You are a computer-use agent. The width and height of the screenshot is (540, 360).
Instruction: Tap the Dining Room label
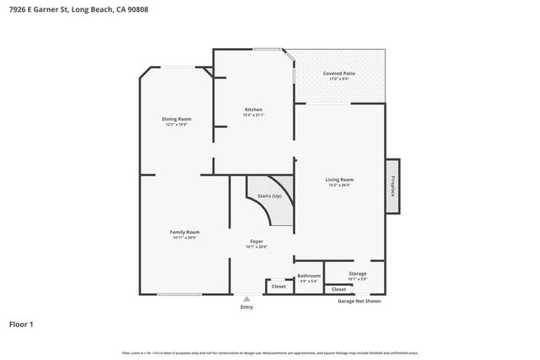(x=176, y=119)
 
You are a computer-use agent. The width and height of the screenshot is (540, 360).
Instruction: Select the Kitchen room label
(x=253, y=110)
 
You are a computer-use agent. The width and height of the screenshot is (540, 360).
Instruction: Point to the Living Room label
(x=339, y=180)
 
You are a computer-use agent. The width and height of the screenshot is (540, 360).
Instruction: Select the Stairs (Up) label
(x=269, y=196)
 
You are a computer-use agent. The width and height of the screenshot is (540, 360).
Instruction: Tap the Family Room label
(x=184, y=232)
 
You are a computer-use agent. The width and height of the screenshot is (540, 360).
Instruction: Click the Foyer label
(x=256, y=241)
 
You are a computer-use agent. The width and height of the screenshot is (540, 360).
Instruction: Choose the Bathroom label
(x=309, y=276)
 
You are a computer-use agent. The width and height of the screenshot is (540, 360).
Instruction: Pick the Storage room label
(x=358, y=274)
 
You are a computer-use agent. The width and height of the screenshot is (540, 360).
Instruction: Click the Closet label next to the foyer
(x=278, y=287)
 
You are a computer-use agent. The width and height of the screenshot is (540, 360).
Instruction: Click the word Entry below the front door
(x=246, y=307)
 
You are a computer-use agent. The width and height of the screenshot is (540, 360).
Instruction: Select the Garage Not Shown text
(x=359, y=301)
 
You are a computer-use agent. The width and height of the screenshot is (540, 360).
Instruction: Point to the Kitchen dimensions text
(x=253, y=116)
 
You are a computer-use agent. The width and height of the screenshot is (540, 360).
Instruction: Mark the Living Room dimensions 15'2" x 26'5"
(x=339, y=185)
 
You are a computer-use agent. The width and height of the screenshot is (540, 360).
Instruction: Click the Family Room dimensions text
(x=184, y=238)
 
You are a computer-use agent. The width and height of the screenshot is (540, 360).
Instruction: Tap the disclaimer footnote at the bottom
(x=269, y=353)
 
